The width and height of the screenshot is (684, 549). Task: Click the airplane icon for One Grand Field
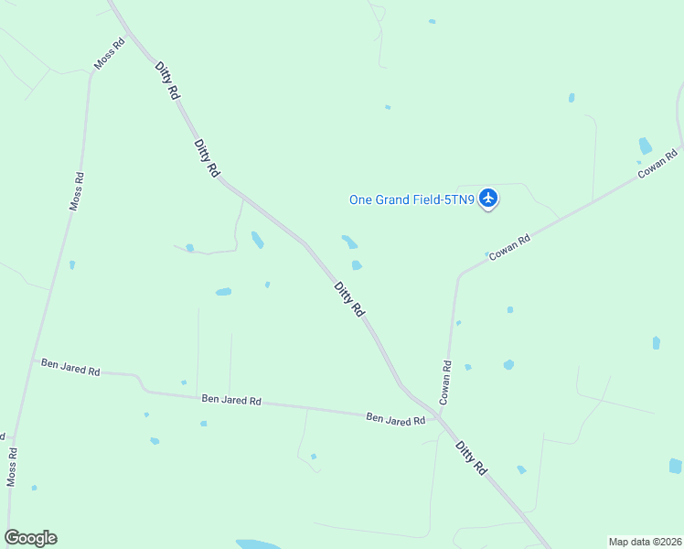tap(488, 197)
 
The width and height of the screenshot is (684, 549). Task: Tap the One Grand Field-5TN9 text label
tap(411, 199)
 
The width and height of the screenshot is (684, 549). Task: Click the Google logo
tap(30, 538)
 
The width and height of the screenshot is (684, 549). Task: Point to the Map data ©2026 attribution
tap(644, 542)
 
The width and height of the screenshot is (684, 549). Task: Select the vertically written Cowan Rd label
tap(446, 382)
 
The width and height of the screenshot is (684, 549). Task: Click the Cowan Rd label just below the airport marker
tap(509, 249)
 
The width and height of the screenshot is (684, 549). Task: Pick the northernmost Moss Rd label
tap(109, 55)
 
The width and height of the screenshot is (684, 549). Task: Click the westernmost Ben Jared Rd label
tap(70, 368)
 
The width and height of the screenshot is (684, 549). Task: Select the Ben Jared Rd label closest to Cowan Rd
tap(396, 419)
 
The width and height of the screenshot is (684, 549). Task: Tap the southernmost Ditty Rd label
tap(471, 457)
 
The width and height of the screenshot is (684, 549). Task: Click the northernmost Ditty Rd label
tap(166, 80)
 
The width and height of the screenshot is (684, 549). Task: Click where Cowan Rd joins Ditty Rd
tap(440, 416)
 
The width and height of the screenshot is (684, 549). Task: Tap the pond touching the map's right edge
tap(675, 466)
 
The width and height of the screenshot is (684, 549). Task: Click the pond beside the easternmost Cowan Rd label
tap(646, 145)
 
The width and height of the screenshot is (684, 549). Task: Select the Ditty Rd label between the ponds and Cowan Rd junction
tap(349, 299)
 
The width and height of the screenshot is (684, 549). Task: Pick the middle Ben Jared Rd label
tap(231, 400)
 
